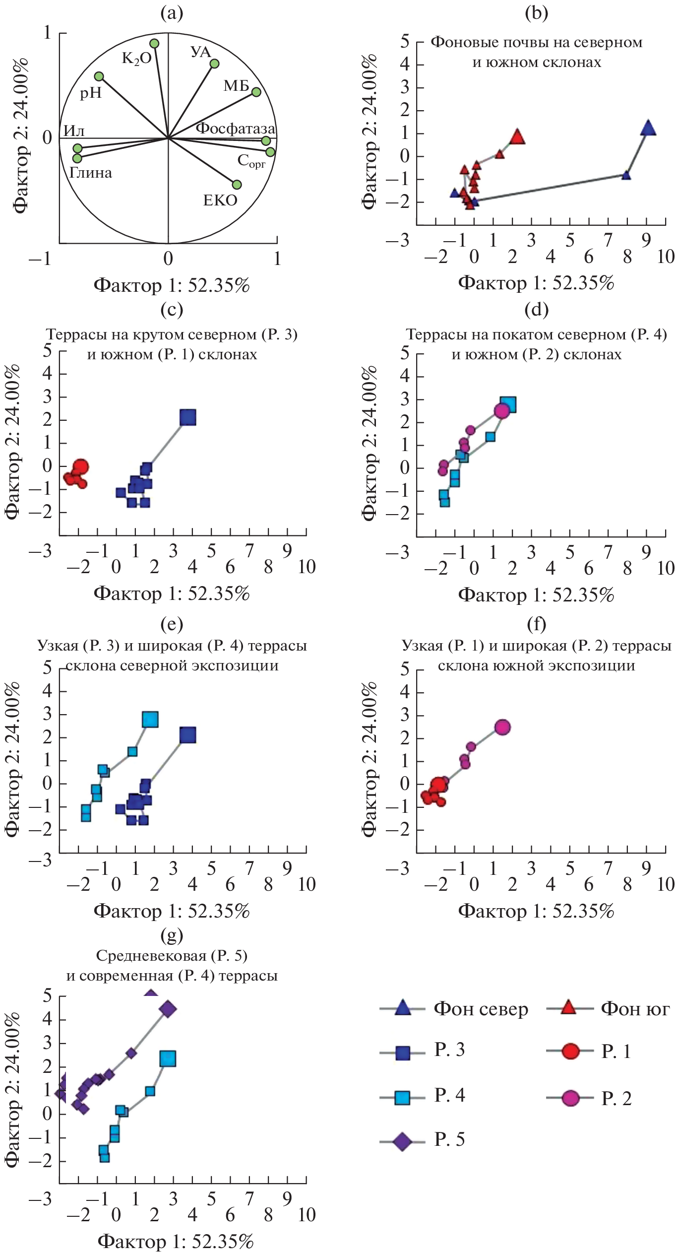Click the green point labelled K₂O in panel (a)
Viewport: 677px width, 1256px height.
click(x=154, y=44)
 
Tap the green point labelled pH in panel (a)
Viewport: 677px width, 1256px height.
click(x=99, y=76)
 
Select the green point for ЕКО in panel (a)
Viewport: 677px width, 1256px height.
click(x=237, y=185)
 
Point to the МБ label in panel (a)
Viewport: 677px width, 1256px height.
click(x=236, y=86)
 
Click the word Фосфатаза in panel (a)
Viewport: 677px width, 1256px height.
click(x=235, y=129)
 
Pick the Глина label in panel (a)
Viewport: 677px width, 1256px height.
click(x=90, y=173)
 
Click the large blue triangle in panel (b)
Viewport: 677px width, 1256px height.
click(x=648, y=128)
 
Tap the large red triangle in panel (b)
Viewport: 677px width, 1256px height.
click(x=517, y=136)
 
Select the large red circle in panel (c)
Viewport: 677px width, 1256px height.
click(x=80, y=467)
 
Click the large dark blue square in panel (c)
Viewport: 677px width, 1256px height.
click(x=188, y=418)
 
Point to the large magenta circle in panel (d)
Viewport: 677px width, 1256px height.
click(x=502, y=411)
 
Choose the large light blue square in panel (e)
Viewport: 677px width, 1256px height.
click(x=150, y=720)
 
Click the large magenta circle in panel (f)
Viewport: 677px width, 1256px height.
click(x=502, y=727)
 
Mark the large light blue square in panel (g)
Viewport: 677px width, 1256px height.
click(x=168, y=1059)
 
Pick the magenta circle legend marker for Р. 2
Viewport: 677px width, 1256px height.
click(x=570, y=1099)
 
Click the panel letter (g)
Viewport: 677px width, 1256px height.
click(x=172, y=935)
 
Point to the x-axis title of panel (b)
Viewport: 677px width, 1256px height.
click(x=536, y=283)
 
